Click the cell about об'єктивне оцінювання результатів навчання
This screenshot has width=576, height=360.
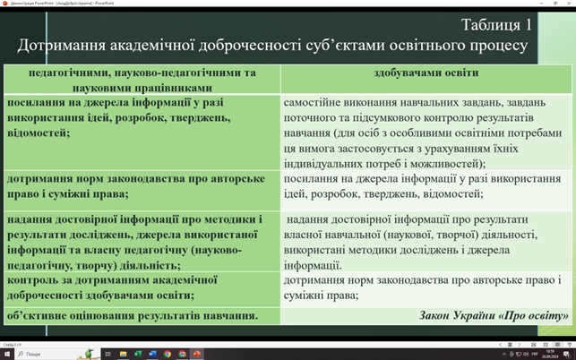tap(133, 316)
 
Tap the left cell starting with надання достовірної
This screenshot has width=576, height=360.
tap(134, 242)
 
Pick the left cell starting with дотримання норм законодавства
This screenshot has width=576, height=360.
tap(134, 185)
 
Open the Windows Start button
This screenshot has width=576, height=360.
tap(7, 354)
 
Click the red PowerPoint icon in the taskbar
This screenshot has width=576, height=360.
tap(197, 354)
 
